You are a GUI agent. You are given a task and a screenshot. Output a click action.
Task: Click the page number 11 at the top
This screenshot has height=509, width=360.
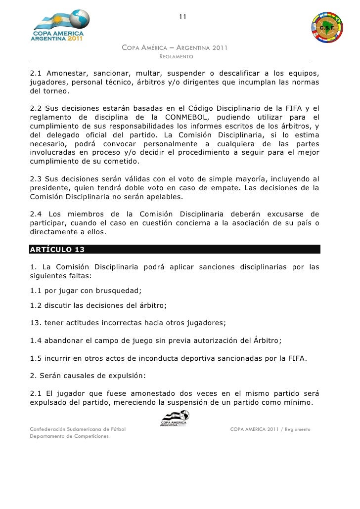click(182, 18)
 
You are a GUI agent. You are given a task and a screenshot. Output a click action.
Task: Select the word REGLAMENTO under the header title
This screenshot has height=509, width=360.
click(176, 57)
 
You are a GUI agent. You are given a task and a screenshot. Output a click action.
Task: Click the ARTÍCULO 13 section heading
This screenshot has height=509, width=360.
click(56, 249)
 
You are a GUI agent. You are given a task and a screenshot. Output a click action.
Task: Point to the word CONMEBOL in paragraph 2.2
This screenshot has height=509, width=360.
click(188, 117)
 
